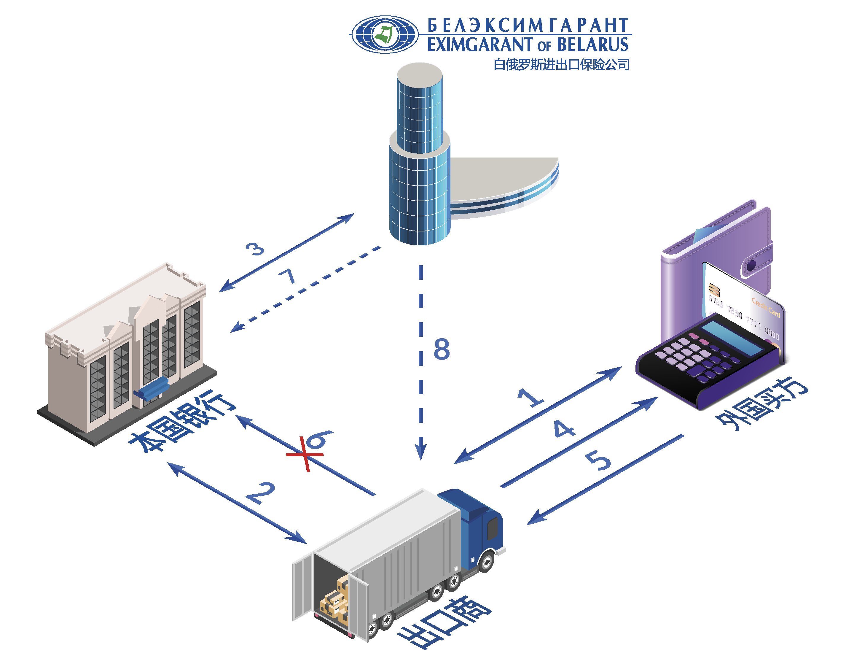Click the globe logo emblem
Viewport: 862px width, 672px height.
385,34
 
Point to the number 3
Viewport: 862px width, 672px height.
255,249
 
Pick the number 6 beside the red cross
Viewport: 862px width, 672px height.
320,439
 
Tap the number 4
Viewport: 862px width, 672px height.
564,429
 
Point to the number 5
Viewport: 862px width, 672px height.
598,460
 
